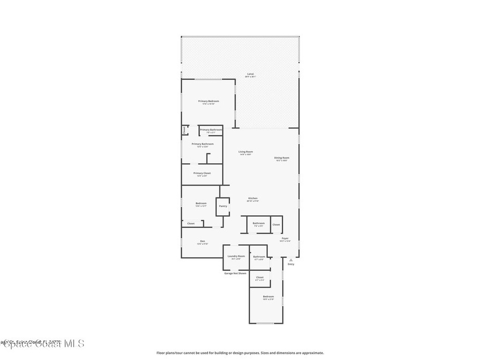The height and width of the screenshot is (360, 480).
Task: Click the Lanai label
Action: point(253,74)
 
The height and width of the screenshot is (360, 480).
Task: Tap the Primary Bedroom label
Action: point(209,101)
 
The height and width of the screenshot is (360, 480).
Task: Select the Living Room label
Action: point(246,152)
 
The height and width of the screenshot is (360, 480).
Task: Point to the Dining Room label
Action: point(282,158)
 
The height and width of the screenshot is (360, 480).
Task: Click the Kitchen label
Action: point(253,198)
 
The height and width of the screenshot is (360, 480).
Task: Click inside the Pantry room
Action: point(223,206)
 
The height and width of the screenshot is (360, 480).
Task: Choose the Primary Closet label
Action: point(202,173)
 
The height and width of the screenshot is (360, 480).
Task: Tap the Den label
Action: point(202,241)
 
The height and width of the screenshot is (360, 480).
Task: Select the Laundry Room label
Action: point(236,256)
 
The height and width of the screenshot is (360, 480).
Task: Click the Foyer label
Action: point(285,239)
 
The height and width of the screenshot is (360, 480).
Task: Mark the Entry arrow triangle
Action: point(291,260)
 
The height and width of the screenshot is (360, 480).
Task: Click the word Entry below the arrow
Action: point(291,264)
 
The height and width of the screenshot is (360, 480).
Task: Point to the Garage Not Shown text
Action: point(235,273)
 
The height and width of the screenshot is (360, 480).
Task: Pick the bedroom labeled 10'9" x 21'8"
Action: point(268,297)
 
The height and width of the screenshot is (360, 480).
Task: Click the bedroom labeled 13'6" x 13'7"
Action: point(201,203)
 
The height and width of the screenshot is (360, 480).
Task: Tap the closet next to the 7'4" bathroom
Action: point(276,225)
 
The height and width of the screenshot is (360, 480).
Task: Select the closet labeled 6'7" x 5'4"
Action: point(260,277)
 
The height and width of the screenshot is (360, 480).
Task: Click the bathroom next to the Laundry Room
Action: point(259,257)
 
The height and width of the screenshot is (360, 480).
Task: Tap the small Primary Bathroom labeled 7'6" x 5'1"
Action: point(211,130)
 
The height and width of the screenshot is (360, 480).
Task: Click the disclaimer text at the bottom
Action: point(240,353)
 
